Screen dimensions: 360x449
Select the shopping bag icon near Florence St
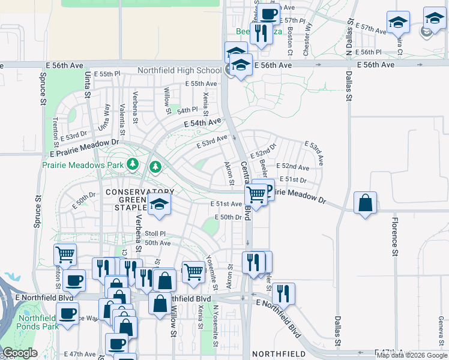(365, 203)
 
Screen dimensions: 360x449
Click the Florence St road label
(395, 238)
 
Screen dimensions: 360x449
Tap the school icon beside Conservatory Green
(160, 205)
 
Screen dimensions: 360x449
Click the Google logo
(20, 353)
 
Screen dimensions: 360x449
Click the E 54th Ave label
(202, 123)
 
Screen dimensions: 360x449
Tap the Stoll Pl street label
(154, 234)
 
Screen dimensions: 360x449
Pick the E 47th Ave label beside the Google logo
(79, 355)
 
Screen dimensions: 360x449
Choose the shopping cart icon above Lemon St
(65, 254)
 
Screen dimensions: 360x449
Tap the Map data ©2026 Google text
(412, 355)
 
